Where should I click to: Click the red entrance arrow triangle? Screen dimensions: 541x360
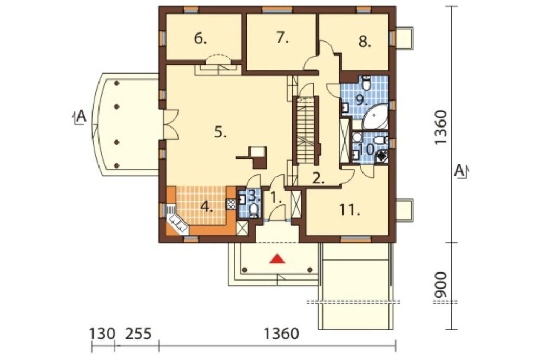tap(278, 258)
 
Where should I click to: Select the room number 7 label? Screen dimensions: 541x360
tap(282, 38)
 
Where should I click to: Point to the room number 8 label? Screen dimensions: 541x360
tap(365, 42)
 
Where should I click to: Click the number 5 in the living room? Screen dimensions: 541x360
tap(220, 132)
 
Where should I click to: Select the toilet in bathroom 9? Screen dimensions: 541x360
tap(366, 83)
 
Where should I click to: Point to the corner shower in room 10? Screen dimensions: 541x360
tap(381, 157)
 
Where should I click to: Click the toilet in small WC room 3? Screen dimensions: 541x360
tap(254, 210)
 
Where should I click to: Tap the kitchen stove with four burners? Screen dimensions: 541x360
tap(230, 204)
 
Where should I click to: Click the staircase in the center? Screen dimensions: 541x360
tap(306, 131)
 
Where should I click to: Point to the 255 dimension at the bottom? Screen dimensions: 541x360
tap(138, 334)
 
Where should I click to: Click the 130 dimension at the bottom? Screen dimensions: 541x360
tap(102, 334)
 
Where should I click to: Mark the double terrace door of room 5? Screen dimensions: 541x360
tap(170, 124)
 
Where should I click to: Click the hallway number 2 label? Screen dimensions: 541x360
tap(318, 178)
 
